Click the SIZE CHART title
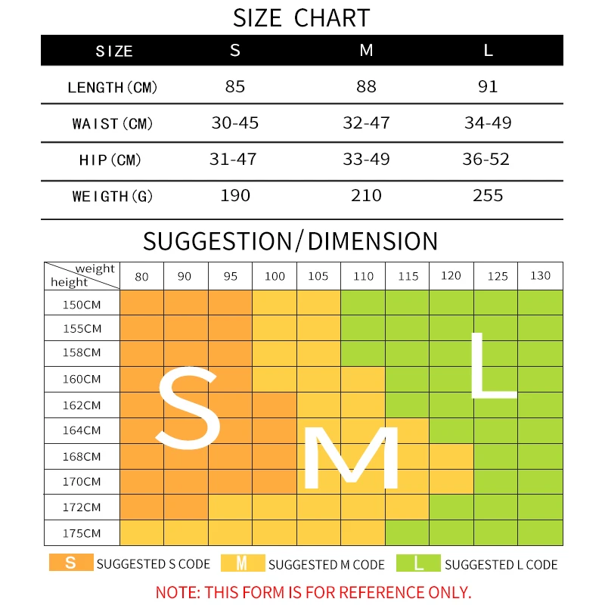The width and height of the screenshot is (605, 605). tap(301, 17)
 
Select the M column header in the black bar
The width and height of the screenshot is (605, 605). tap(366, 50)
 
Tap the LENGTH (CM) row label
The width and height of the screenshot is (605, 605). tap(112, 88)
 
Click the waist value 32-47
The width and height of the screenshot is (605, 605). tap(366, 123)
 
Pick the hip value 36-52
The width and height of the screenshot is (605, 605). tap(486, 159)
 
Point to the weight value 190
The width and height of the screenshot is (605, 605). tap(235, 195)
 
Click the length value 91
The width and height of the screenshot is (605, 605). tap(488, 86)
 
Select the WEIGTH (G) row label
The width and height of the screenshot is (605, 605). tap(112, 197)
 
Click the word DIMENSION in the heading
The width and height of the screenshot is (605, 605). tap(372, 241)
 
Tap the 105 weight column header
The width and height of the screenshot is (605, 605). tap(318, 276)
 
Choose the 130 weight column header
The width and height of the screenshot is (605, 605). tap(540, 275)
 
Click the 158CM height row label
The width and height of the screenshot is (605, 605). tap(82, 352)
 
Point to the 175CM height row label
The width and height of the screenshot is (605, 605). tap(82, 533)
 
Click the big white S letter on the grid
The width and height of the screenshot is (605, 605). tap(188, 408)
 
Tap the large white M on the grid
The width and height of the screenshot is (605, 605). tap(351, 458)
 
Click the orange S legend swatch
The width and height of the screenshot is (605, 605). tap(71, 563)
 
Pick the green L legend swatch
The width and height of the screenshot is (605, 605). tap(418, 563)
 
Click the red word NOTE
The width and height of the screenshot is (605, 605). tap(178, 592)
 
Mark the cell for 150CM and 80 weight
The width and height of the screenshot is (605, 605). tap(141, 302)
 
